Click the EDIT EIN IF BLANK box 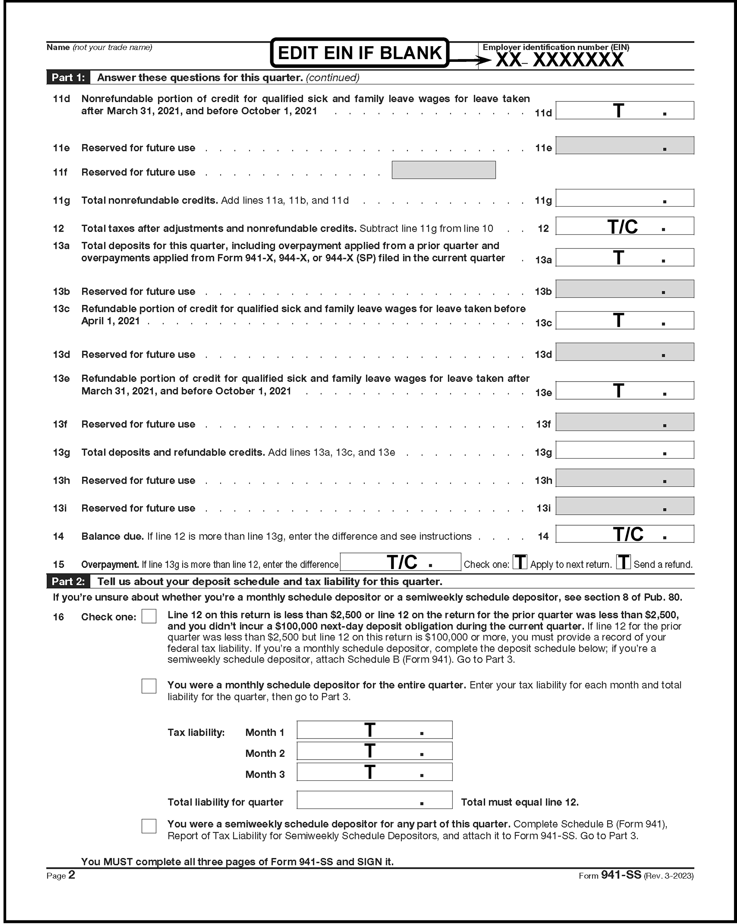tap(359, 53)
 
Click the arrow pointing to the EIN tap(469, 60)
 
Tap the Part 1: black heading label tap(68, 77)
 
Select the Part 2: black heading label tap(68, 582)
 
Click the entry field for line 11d tap(624, 111)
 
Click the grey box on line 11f tap(444, 170)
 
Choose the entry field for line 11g tap(624, 198)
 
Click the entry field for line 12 tap(624, 226)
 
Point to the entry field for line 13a tap(624, 258)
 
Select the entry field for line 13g tap(624, 450)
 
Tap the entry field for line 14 tap(624, 534)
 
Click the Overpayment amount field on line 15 tap(400, 562)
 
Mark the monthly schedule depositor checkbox tap(149, 686)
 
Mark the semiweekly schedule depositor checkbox tap(149, 826)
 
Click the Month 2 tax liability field tap(374, 751)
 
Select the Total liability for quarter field tap(374, 800)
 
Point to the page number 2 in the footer tap(72, 875)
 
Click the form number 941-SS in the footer tap(620, 875)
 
